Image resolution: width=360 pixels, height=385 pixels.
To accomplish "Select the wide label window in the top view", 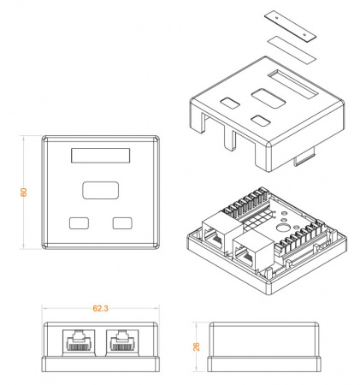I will point(100,157).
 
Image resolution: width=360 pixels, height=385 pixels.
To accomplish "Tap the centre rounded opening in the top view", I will point(100,191).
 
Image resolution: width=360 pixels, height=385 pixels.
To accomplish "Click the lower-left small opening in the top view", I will point(79,223).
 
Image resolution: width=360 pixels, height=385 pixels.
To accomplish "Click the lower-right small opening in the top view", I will point(123,223).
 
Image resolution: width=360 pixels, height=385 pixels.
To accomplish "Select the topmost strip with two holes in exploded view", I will point(286,24).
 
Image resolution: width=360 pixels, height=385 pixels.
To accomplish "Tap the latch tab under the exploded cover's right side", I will point(304,157).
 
